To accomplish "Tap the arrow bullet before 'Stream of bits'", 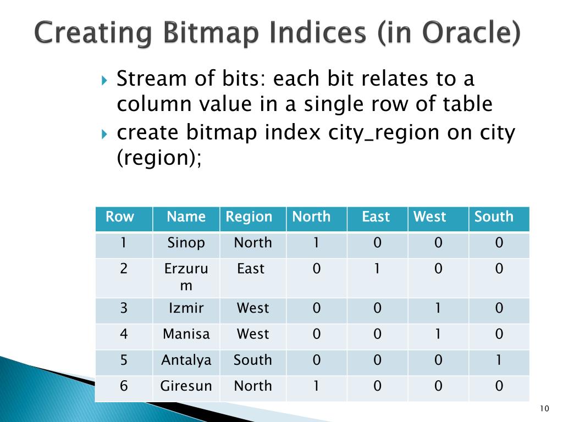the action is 104,80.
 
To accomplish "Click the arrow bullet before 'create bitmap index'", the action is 104,134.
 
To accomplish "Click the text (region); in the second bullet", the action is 159,158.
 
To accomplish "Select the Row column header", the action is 120,216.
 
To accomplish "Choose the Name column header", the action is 186,216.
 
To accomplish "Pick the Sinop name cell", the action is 186,243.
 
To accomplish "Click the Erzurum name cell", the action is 186,277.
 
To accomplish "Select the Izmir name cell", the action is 186,308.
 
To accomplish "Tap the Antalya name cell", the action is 186,360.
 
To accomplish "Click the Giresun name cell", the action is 186,386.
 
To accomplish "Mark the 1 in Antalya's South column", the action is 499,360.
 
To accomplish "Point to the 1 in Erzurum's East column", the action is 377,268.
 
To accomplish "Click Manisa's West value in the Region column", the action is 253,334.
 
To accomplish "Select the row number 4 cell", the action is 124,334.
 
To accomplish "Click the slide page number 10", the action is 544,408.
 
